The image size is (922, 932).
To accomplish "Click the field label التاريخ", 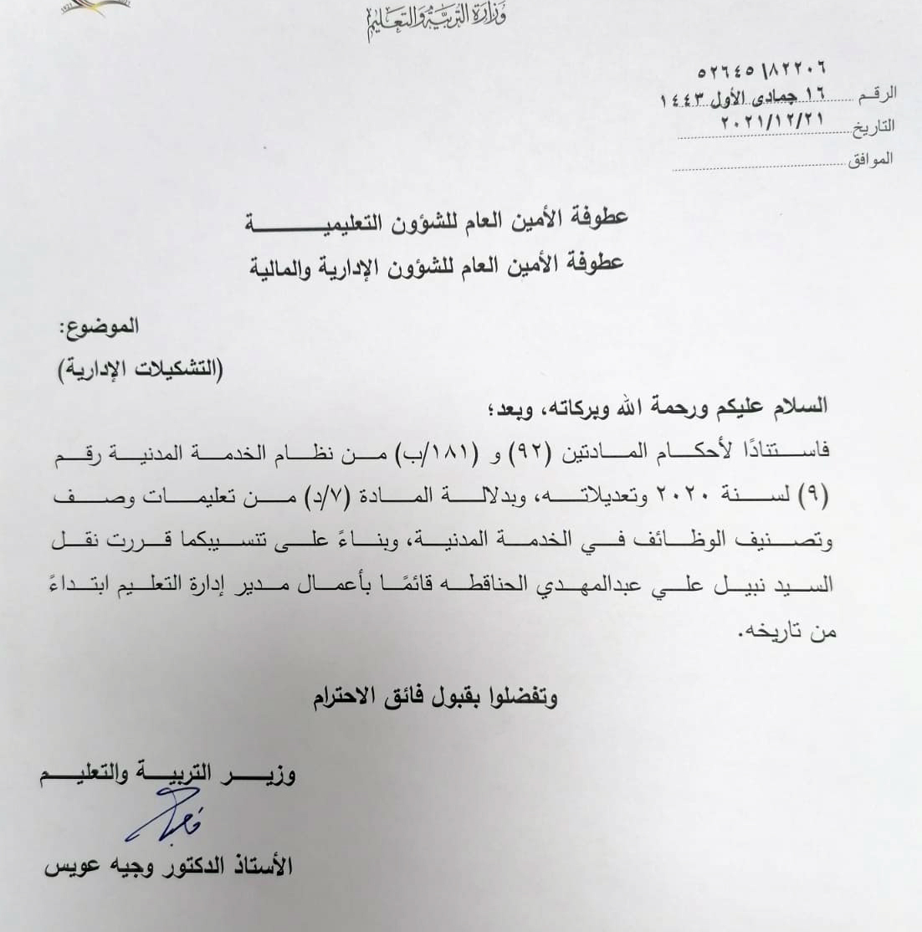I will click(x=873, y=127).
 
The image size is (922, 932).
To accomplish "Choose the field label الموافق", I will click(x=870, y=159).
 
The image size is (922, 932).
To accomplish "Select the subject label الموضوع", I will click(x=101, y=327).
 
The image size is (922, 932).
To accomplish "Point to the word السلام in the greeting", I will click(x=799, y=407).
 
